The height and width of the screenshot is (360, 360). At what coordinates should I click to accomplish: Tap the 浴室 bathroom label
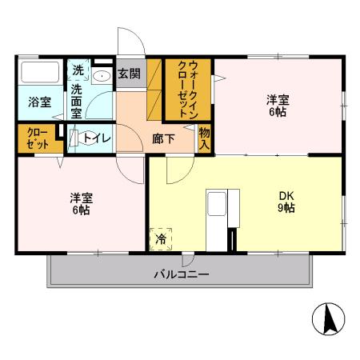[x=39, y=102]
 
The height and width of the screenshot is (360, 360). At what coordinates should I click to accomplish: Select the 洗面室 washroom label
[x=76, y=102]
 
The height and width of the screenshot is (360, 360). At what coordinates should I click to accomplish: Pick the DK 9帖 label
[x=286, y=201]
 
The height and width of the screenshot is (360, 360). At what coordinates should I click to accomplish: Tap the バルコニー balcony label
[x=182, y=274]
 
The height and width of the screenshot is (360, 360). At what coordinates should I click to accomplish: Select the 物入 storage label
[x=205, y=138]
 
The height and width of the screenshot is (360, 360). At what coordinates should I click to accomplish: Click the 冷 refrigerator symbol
[x=161, y=238]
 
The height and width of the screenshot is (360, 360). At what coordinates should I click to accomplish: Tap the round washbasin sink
[x=102, y=77]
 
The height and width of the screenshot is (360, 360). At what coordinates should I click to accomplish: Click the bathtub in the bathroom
[x=40, y=74]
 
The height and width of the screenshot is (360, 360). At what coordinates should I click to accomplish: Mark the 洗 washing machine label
[x=78, y=70]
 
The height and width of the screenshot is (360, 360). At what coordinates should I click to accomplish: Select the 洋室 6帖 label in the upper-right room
[x=278, y=106]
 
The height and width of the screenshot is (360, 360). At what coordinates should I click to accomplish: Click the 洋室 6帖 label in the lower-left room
[x=81, y=204]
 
